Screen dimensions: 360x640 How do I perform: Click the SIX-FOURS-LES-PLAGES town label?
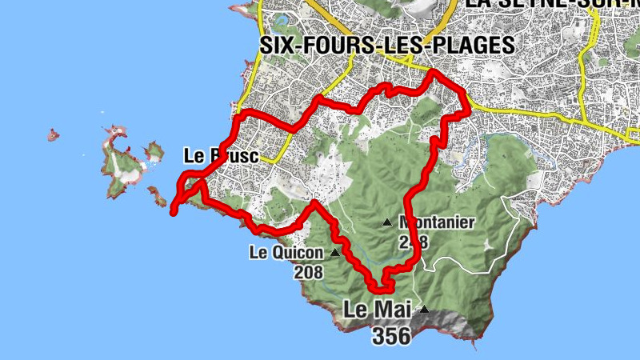387,46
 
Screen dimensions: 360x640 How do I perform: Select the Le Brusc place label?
221,156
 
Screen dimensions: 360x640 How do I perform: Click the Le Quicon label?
286,253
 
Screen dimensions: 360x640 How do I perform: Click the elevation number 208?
308,272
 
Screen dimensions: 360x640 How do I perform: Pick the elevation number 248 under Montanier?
414,242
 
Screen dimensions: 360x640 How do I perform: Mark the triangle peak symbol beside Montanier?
387,222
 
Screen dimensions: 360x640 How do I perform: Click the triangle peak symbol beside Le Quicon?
334,252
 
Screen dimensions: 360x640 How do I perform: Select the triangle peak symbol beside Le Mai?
424,310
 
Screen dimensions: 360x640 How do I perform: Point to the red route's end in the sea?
174,211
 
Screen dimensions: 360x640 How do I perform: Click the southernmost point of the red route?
378,290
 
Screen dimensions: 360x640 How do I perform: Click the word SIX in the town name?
279,46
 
